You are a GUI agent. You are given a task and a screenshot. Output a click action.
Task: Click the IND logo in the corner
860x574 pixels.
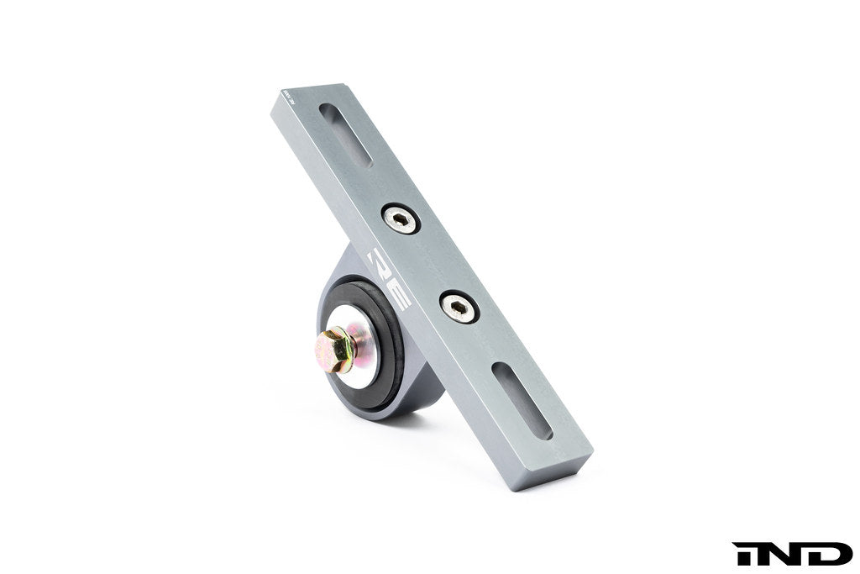click(x=791, y=553)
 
